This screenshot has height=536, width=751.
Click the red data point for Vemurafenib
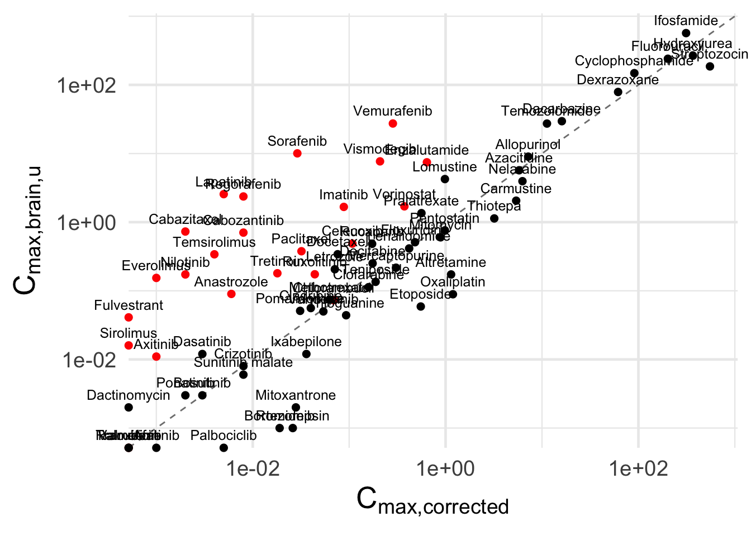[x=393, y=123]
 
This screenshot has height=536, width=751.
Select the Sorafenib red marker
[x=297, y=154]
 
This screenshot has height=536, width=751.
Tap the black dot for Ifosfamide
[x=686, y=33]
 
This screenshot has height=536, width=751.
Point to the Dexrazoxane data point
[x=618, y=92]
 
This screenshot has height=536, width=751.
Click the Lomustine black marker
[x=445, y=179]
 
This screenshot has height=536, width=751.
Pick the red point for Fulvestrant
[x=129, y=318]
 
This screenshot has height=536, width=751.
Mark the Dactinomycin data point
[x=129, y=408]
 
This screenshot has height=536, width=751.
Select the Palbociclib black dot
[x=224, y=448]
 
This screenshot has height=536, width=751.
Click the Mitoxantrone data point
[x=296, y=408]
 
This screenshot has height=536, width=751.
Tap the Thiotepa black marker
[x=494, y=218]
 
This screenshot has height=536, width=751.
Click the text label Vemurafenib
[x=393, y=111]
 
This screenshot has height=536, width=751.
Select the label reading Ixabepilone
[x=306, y=342]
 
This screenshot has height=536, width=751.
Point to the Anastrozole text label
[x=231, y=282]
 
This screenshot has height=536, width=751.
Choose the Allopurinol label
[x=528, y=145]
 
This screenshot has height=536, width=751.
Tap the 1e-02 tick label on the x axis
[x=253, y=469]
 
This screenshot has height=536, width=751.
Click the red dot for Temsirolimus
[x=214, y=255]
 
